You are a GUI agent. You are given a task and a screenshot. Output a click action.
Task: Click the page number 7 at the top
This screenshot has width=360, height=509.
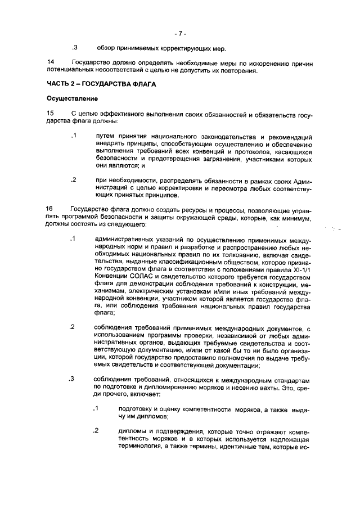click(180, 33)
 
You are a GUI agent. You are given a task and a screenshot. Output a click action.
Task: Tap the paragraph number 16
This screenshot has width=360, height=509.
click(51, 209)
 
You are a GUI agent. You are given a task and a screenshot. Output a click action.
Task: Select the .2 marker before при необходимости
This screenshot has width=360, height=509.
click(73, 181)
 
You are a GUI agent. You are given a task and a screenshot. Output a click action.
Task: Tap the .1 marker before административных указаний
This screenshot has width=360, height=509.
click(73, 240)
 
